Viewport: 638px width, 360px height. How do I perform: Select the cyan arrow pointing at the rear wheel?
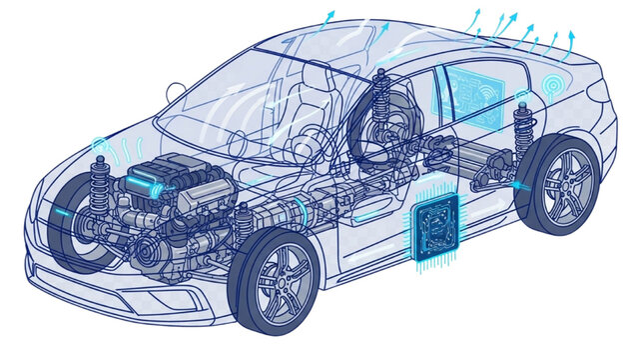coord(519,184)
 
